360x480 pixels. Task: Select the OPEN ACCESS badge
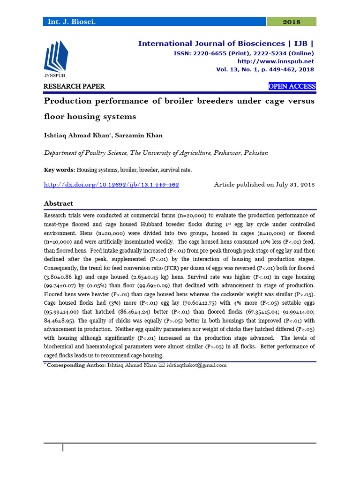click(292, 86)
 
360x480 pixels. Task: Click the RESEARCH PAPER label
click(74, 86)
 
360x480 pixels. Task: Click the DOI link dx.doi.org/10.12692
click(112, 185)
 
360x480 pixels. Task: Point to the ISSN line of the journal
click(244, 53)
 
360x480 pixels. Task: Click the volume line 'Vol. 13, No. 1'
click(265, 69)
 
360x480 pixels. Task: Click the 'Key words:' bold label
click(60, 170)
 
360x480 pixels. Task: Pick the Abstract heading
click(58, 203)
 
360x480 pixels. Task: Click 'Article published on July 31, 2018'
click(264, 185)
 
